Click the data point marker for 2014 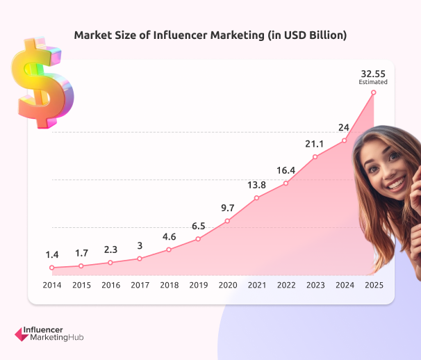(x=51, y=268)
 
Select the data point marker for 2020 (x=227, y=222)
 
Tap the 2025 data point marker (x=374, y=92)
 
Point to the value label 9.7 (x=227, y=207)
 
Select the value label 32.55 (x=373, y=72)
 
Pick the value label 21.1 (x=315, y=143)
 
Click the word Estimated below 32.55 (x=373, y=82)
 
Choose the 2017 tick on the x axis (x=139, y=285)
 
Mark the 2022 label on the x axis (x=286, y=285)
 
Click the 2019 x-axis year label (x=198, y=285)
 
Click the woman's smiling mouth (x=396, y=184)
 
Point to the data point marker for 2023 (x=315, y=157)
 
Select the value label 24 (x=344, y=127)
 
